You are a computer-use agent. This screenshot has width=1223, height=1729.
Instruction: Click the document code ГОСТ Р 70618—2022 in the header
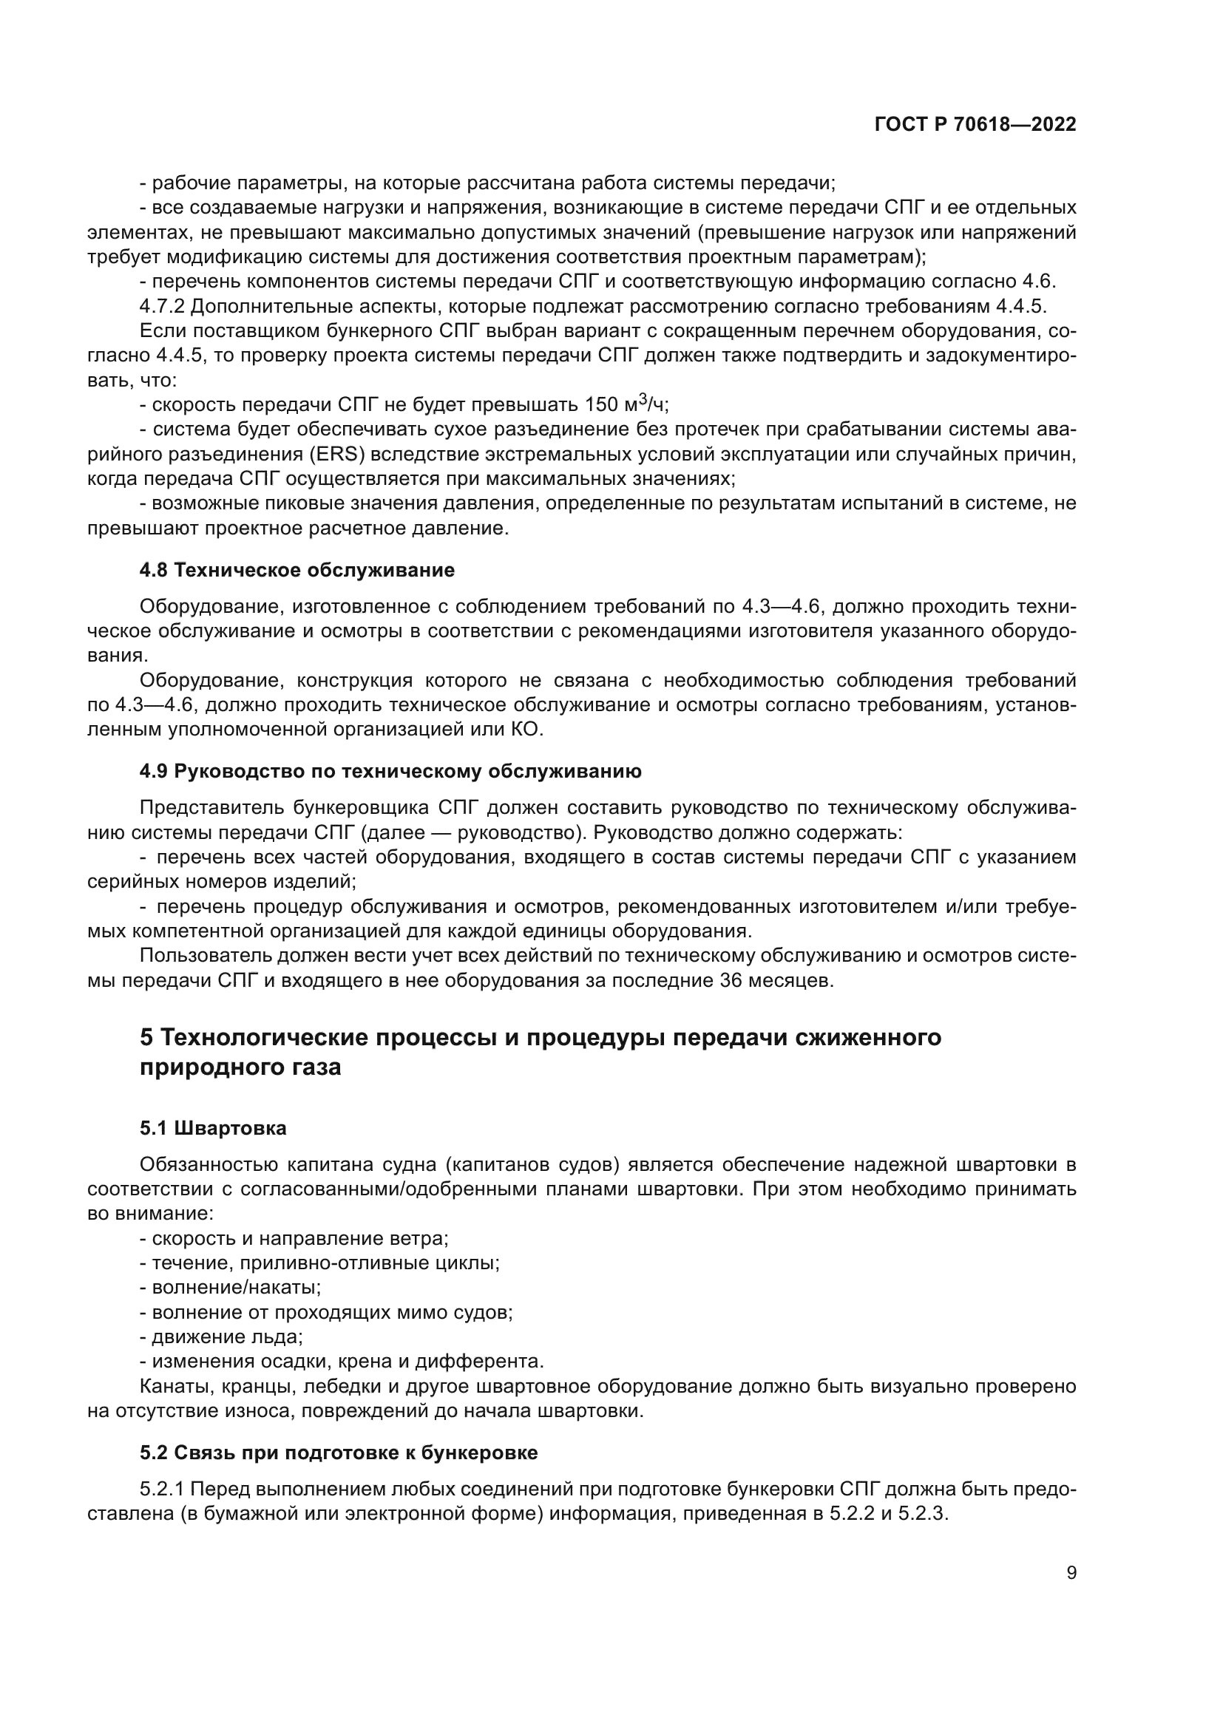975,125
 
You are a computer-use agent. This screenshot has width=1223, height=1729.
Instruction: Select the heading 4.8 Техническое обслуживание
297,570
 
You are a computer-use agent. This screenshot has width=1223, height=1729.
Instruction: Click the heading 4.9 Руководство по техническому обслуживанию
390,771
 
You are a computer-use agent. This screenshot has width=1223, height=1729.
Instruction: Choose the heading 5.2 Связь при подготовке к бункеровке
338,1453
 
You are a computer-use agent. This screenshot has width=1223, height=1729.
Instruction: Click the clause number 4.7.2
164,307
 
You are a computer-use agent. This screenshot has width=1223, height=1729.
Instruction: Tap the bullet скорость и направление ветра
299,1238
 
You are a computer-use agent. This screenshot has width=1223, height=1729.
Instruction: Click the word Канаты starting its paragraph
172,1386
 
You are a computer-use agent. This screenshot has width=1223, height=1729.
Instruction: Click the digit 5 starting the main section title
147,1038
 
